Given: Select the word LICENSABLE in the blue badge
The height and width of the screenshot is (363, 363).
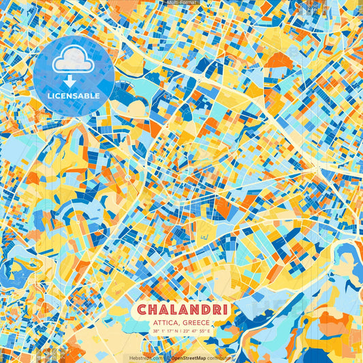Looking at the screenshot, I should click(x=74, y=96).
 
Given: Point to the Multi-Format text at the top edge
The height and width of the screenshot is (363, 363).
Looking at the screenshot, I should click(x=181, y=3).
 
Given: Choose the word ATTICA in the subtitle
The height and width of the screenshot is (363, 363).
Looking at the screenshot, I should click(x=165, y=323).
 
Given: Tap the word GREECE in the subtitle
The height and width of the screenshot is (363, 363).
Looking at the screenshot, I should click(x=196, y=323).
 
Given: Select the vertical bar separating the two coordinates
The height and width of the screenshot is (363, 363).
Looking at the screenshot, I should click(x=182, y=332).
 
